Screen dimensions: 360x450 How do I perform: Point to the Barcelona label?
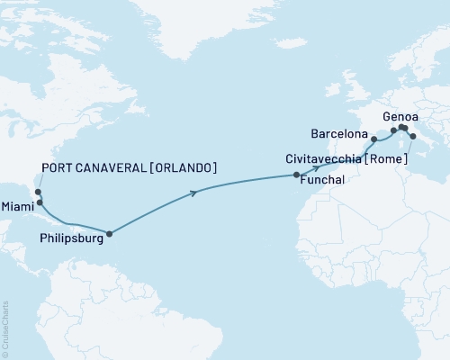coord(337,134)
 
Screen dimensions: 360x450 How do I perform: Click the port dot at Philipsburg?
coord(109,235)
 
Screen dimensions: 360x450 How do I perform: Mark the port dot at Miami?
coord(40,202)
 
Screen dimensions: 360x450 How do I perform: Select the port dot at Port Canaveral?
coord(37,192)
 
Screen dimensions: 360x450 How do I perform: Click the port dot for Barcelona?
coord(373,139)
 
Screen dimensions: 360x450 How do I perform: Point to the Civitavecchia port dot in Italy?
coord(412,137)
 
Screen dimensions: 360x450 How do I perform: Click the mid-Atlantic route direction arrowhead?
coord(194,191)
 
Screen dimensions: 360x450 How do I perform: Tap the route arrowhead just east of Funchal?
coord(317,169)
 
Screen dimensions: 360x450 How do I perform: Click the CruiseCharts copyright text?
coord(4,328)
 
